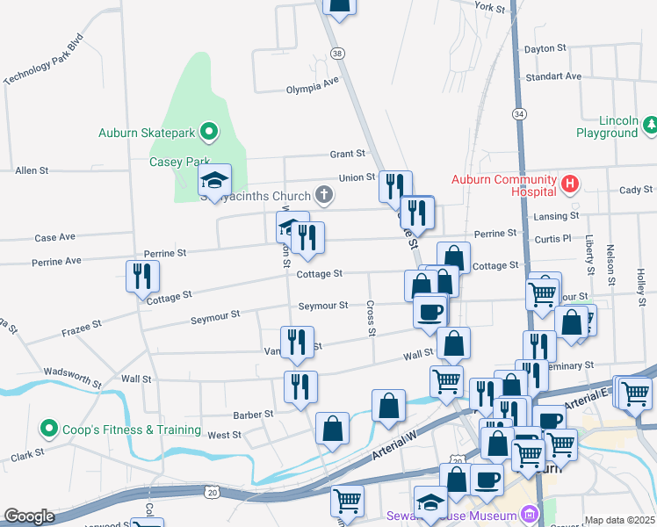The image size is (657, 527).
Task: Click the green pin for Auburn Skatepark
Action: pos(209,133)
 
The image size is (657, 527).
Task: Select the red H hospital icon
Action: pos(570,184)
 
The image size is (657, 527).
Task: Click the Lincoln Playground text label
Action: pos(606,126)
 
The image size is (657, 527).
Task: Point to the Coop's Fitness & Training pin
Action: pos(48,430)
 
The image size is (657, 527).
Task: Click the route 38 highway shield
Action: pos(337,54)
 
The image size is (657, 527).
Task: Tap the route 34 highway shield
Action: pos(520,114)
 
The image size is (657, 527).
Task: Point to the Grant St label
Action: pos(347,154)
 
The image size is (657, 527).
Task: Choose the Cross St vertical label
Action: pos(371,319)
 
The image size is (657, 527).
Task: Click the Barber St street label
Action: pos(253,413)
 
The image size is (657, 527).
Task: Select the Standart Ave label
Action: pos(553,76)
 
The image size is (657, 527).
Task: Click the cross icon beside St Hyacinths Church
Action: pos(325,194)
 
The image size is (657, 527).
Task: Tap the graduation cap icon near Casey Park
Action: pos(214,180)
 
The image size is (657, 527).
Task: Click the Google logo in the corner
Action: pos(29,516)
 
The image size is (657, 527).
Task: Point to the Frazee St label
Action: pos(82,329)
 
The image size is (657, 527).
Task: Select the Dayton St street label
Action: pos(544,49)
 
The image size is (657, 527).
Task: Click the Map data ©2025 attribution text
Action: pos(618,520)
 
